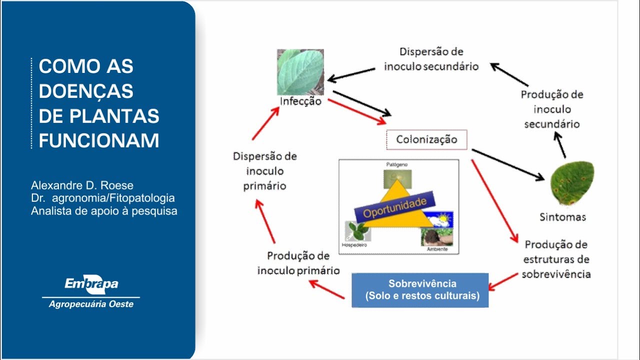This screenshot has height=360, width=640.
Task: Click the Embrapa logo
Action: pos(91,284)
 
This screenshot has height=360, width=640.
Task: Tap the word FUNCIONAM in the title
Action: pos(99,140)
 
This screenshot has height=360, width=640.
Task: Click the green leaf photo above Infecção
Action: pos(300,72)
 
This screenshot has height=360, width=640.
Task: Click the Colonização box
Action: pos(426,139)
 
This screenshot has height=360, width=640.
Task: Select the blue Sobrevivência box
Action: pos(420,290)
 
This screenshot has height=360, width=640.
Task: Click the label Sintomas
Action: pos(562,217)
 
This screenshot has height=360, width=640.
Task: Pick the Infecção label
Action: pos(300,101)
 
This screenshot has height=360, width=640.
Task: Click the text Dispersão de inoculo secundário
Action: pos(431,59)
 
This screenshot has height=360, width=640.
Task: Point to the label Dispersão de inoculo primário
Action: pos(265,171)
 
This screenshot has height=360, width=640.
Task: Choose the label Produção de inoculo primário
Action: pos(298,263)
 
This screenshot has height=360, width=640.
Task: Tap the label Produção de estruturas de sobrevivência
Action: pos(556,259)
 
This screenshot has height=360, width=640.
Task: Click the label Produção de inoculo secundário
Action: pos(551,109)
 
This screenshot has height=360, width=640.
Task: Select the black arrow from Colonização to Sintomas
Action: pos(507,164)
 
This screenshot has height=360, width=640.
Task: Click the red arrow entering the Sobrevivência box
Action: pos(502,281)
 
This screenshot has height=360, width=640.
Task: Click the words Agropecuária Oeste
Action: pos(91,304)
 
